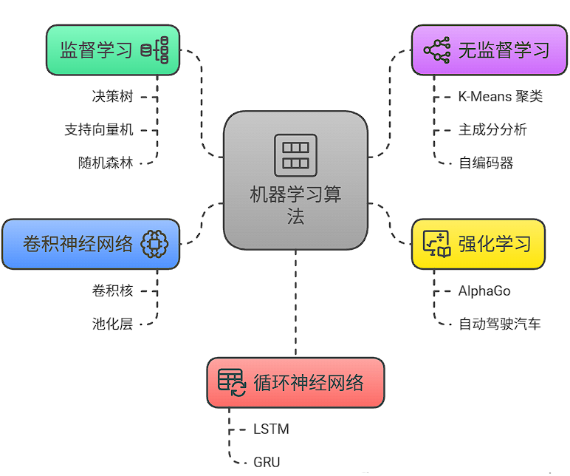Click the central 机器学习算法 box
pos(295,180)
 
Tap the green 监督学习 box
pos(113,50)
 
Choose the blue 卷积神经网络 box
pos(91,244)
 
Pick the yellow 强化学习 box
pos(478,244)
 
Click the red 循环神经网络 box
pos(295,382)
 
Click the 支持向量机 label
pos(99,129)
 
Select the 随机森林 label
pos(106,163)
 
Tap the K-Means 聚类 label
pos(501,96)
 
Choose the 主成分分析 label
pos(493,129)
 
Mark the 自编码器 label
pos(486,163)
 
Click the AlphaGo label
pos(484,290)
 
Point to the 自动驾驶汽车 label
pos(500,324)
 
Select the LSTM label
pos(271,429)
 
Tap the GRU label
pos(267,462)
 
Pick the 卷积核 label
pos(112,290)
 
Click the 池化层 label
pos(112,323)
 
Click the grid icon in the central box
pos(295,155)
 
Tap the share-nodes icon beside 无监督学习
pos(437,50)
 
